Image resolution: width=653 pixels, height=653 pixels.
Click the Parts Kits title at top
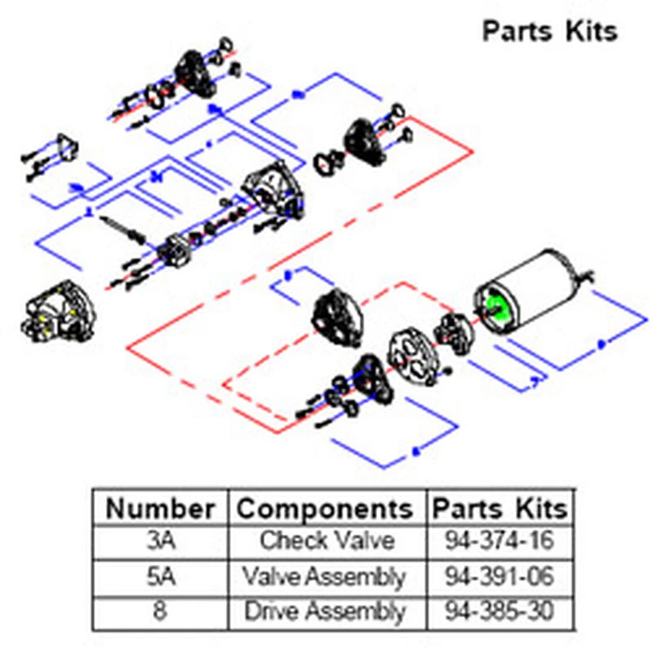tap(549, 31)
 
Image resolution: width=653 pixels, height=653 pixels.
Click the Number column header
tap(161, 509)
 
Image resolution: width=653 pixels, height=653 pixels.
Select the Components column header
tap(324, 509)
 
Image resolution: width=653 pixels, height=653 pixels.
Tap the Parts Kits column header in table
tap(500, 509)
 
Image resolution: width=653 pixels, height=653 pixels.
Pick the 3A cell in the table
tap(161, 541)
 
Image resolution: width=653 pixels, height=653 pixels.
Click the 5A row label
tap(161, 577)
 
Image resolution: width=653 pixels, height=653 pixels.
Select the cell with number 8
tap(161, 611)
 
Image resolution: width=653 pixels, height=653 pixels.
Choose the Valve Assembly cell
tap(324, 577)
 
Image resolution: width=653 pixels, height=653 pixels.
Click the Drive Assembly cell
tap(324, 611)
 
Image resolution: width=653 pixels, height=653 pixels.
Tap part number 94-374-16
tap(500, 541)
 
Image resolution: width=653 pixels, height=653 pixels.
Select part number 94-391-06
tap(500, 577)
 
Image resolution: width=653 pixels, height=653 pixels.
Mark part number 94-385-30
tap(500, 611)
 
